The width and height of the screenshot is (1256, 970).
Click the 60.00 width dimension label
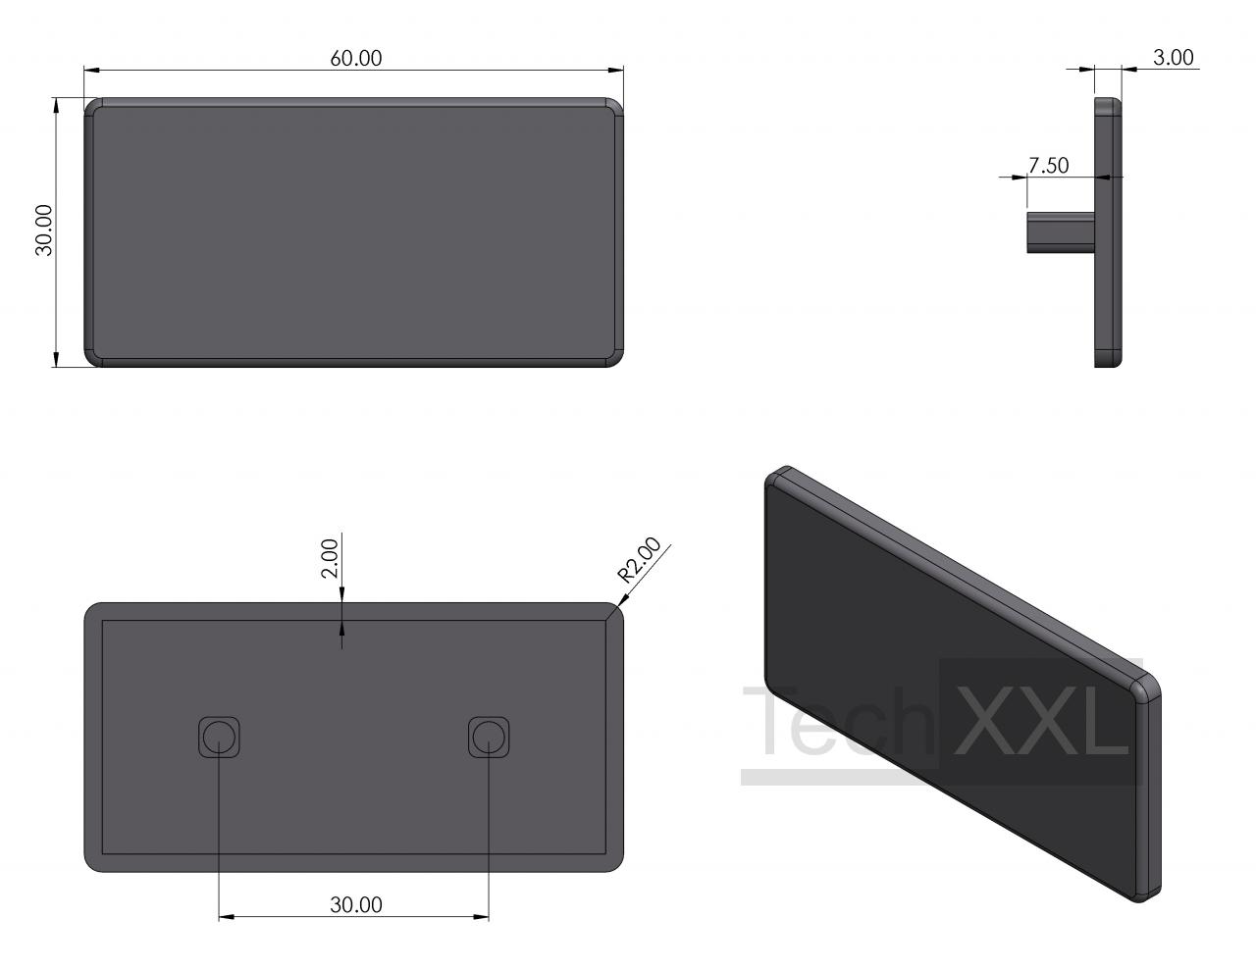pyautogui.click(x=355, y=58)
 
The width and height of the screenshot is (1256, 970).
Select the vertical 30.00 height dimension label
pyautogui.click(x=44, y=230)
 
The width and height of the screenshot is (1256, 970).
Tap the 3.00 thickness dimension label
pyautogui.click(x=1174, y=57)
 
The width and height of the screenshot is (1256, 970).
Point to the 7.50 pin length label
pyautogui.click(x=1049, y=166)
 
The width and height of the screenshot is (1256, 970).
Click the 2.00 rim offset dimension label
pyautogui.click(x=330, y=558)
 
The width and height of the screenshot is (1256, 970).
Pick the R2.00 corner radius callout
pyautogui.click(x=639, y=559)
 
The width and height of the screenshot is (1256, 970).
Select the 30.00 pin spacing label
pyautogui.click(x=356, y=904)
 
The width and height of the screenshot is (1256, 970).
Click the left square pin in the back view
pyautogui.click(x=219, y=737)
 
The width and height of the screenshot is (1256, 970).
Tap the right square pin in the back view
pyautogui.click(x=489, y=737)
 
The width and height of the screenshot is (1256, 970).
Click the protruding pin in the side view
pyautogui.click(x=1061, y=232)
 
